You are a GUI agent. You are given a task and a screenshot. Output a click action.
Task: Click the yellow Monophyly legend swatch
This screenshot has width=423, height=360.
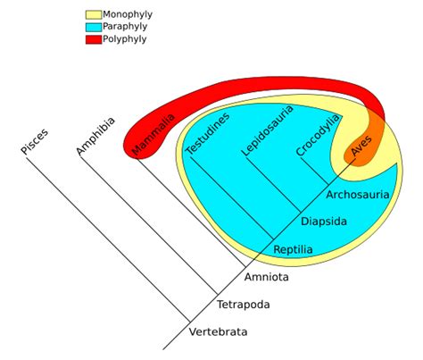pyautogui.click(x=93, y=15)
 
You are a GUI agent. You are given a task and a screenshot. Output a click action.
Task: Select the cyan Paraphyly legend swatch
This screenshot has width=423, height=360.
pyautogui.click(x=93, y=27)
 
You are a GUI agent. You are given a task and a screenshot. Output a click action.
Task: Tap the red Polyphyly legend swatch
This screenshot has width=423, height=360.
pyautogui.click(x=93, y=39)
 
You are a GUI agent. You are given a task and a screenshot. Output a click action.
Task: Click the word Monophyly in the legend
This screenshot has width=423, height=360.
pyautogui.click(x=128, y=15)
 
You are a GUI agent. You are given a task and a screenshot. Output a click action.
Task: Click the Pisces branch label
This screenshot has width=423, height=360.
pyautogui.click(x=35, y=141)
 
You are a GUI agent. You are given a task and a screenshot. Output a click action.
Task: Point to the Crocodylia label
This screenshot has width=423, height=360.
pyautogui.click(x=318, y=135)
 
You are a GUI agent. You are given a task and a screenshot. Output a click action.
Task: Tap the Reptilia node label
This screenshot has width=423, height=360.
pyautogui.click(x=293, y=248)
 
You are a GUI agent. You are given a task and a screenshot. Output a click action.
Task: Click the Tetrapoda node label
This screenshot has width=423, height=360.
pyautogui.click(x=243, y=305)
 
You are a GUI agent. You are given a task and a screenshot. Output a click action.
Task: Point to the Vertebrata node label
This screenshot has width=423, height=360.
pyautogui.click(x=218, y=332)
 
